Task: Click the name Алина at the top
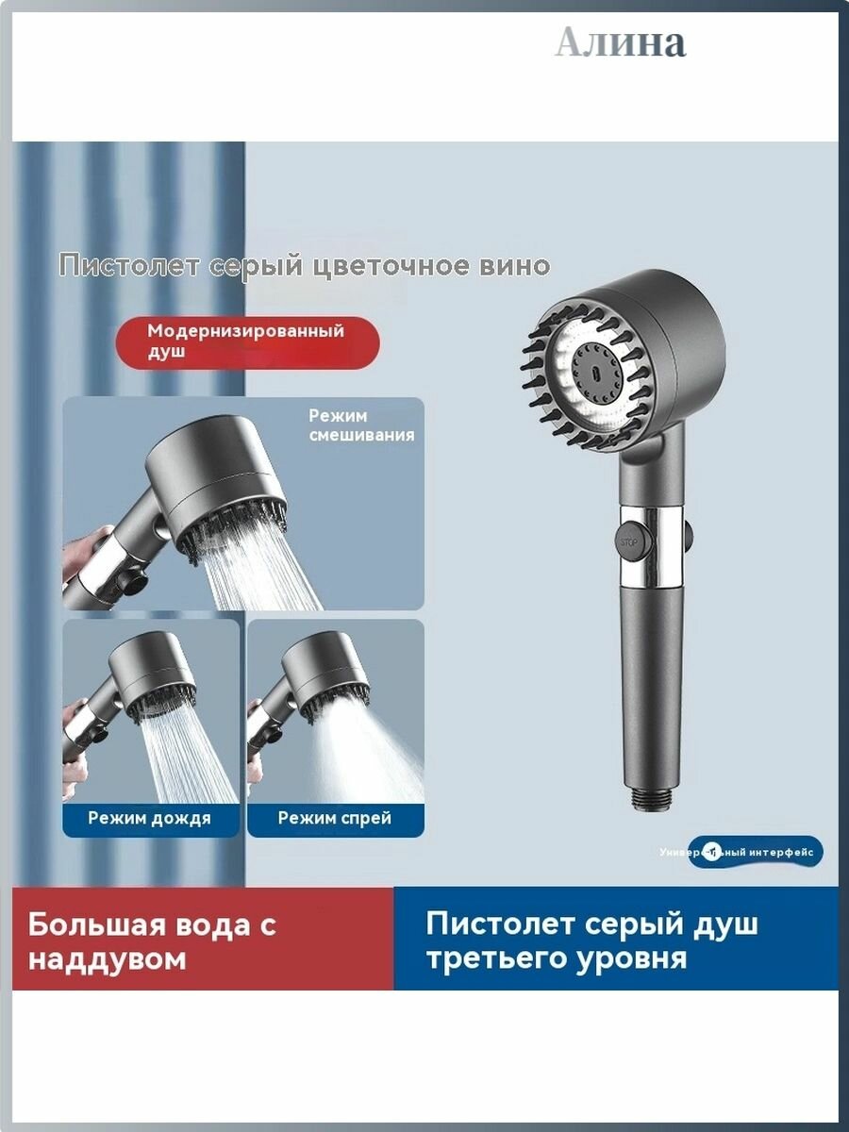coord(620,43)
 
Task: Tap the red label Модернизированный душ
coord(246,341)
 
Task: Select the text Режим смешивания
coord(360,425)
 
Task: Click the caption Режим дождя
coord(150,818)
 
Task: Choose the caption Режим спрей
coord(335,818)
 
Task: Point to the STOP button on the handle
coord(627,542)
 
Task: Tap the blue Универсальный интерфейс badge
coord(755,852)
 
